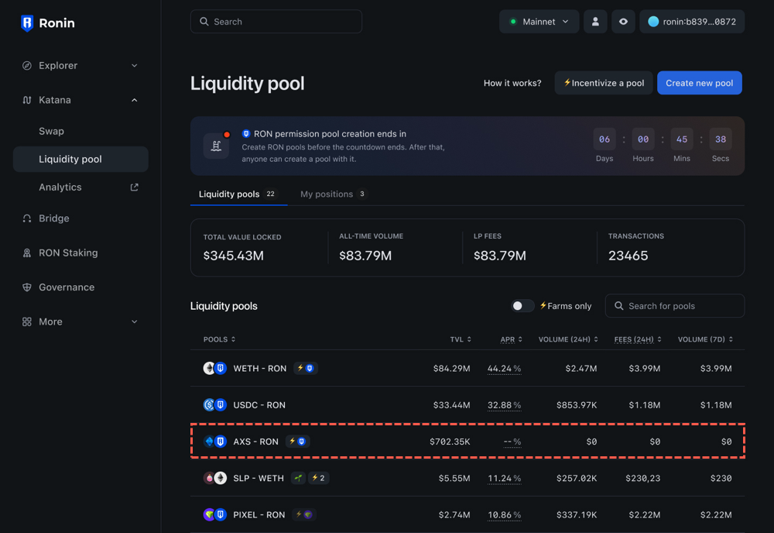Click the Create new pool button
click(699, 83)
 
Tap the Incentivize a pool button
click(604, 83)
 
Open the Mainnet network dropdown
click(539, 22)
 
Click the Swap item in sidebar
click(52, 131)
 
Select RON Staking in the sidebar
click(68, 253)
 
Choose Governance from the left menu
click(67, 287)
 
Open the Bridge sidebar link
click(54, 218)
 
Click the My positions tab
click(327, 194)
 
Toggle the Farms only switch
click(522, 306)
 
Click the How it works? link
click(512, 83)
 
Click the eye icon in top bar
click(623, 22)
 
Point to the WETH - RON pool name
click(260, 369)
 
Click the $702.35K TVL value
click(450, 442)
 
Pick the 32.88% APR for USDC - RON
click(504, 405)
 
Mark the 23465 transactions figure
click(628, 256)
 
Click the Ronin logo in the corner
click(48, 23)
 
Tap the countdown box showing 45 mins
click(682, 139)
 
